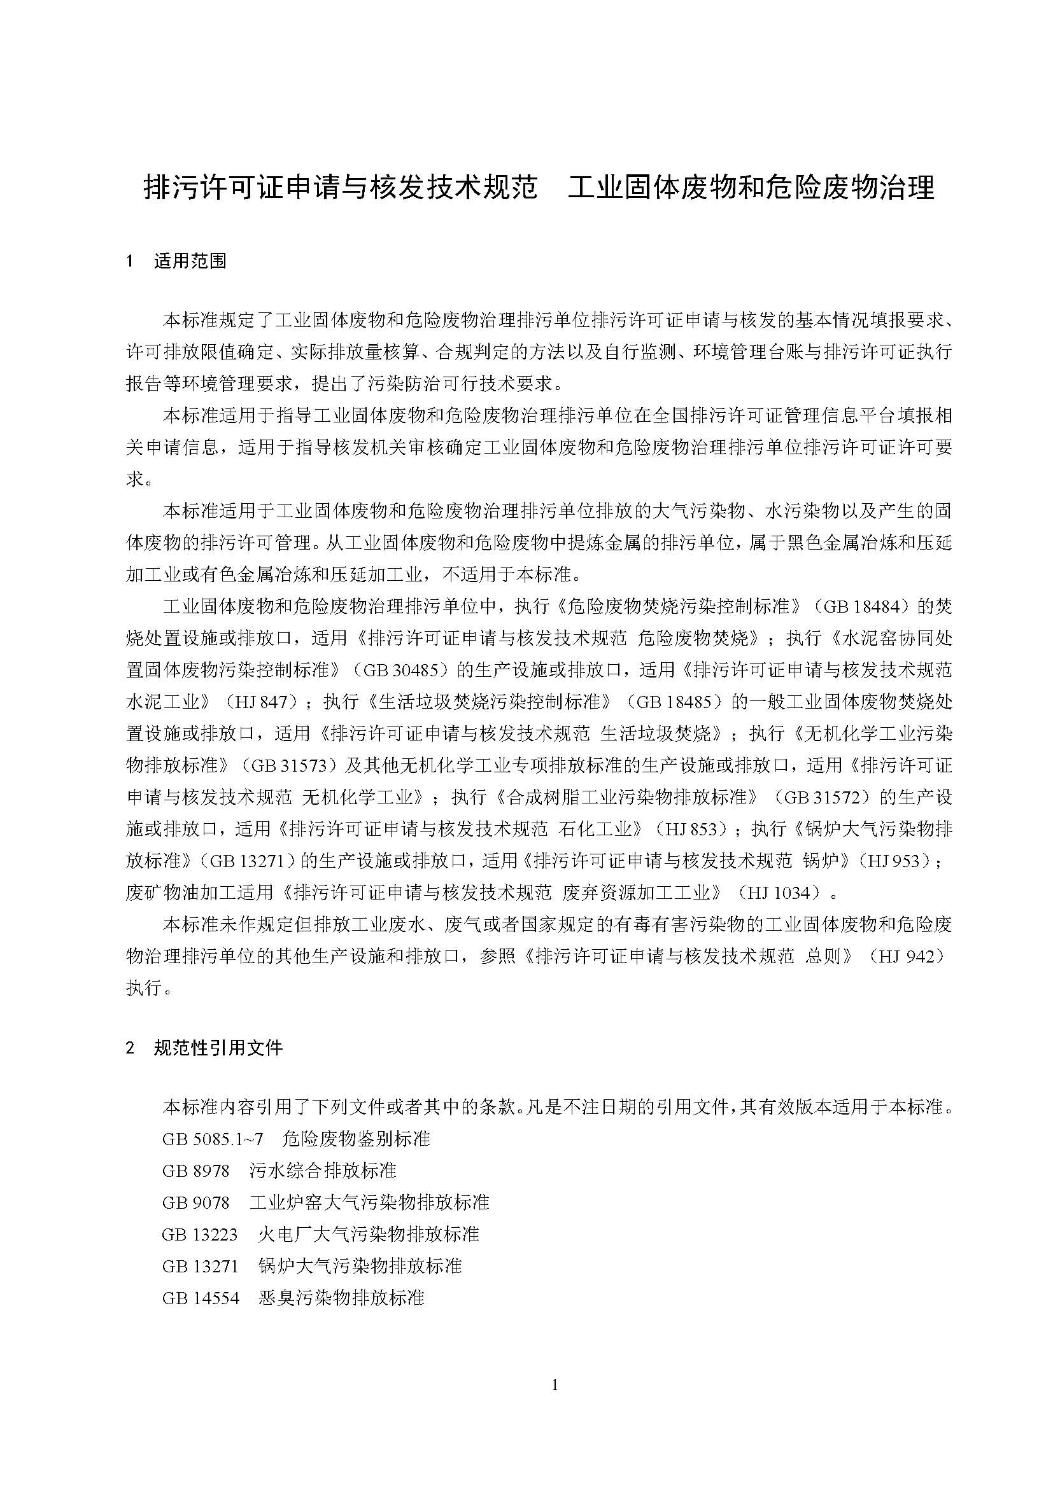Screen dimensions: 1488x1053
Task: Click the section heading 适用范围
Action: tap(190, 261)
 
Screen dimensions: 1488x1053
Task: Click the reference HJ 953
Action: tap(902, 861)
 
